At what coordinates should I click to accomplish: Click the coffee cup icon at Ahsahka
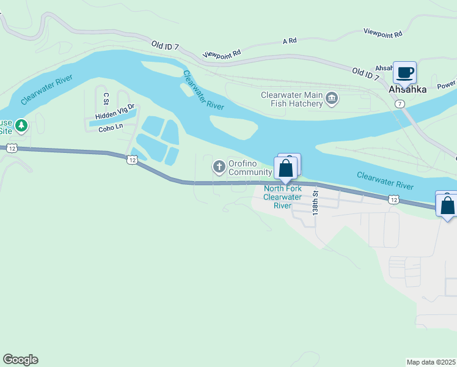pyautogui.click(x=404, y=73)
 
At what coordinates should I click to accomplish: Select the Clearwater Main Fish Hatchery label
pyautogui.click(x=291, y=99)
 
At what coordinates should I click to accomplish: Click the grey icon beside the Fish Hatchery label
pyautogui.click(x=332, y=98)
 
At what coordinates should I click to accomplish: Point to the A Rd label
pyautogui.click(x=289, y=40)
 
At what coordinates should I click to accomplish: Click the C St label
pyautogui.click(x=106, y=98)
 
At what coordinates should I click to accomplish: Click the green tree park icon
pyautogui.click(x=22, y=125)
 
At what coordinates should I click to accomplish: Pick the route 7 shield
pyautogui.click(x=399, y=104)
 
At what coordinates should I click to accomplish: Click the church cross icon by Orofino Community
pyautogui.click(x=219, y=166)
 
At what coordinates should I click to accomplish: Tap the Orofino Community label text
pyautogui.click(x=250, y=168)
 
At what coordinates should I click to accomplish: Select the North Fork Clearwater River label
pyautogui.click(x=282, y=197)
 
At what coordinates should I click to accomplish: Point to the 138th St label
pyautogui.click(x=316, y=202)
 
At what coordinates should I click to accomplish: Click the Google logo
pyautogui.click(x=20, y=359)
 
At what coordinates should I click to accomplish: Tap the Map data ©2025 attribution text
pyautogui.click(x=431, y=362)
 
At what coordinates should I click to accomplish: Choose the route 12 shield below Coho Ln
pyautogui.click(x=132, y=160)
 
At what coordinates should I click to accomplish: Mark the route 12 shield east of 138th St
pyautogui.click(x=393, y=199)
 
